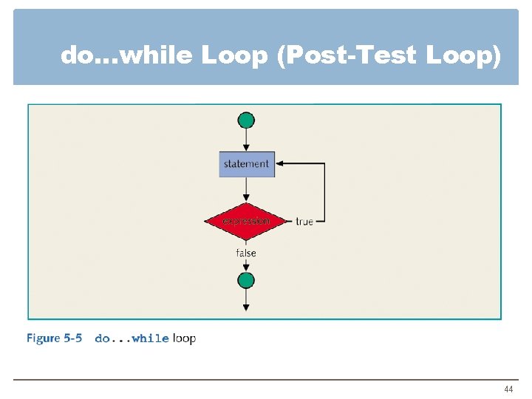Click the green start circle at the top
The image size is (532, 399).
pos(246,120)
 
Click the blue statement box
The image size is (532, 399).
pos(247,164)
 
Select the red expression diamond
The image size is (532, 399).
pos(246,220)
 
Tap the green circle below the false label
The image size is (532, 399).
pos(246,280)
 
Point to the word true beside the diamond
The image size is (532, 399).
pos(304,221)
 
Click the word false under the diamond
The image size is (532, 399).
pos(246,253)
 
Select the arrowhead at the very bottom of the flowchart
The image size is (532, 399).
pos(246,306)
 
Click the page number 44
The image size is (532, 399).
pos(508,389)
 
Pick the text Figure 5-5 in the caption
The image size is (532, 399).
pos(54,338)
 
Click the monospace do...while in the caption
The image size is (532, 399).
pos(132,338)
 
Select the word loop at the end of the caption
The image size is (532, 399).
pos(184,338)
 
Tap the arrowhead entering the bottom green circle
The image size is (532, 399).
pos(246,268)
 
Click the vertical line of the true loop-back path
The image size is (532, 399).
pos(324,192)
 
